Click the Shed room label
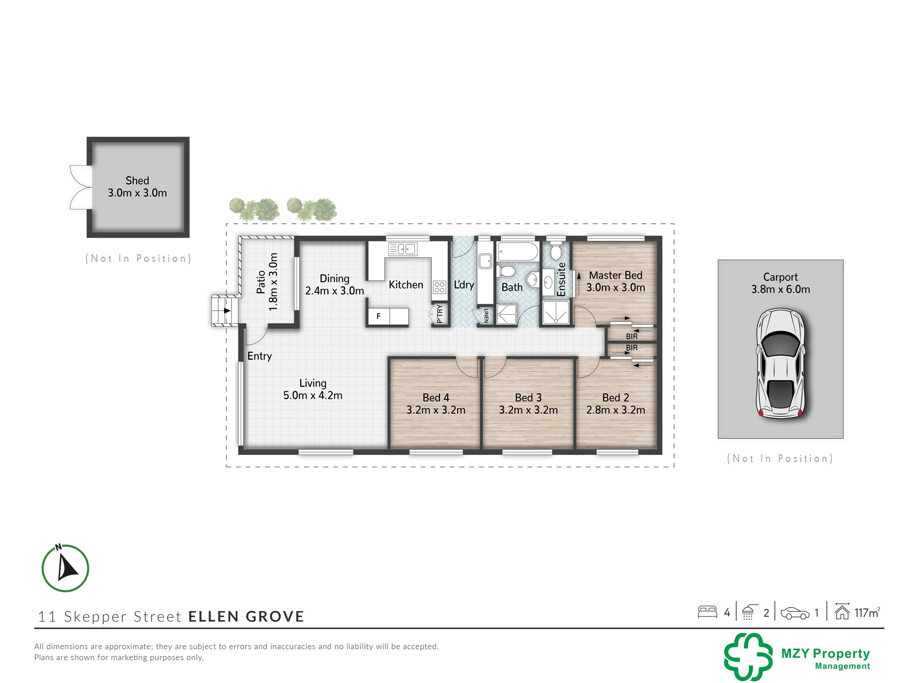[x=137, y=181]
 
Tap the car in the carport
[x=781, y=363]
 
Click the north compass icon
[x=65, y=568]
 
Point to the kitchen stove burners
[x=440, y=287]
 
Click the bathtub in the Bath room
[x=518, y=251]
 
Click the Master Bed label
[x=615, y=275]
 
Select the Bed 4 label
[x=436, y=398]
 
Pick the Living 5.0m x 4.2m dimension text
[x=313, y=395]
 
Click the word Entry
[x=260, y=356]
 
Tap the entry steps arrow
[x=226, y=311]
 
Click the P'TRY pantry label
[x=440, y=314]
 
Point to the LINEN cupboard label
[x=486, y=316]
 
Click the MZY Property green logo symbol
[x=748, y=657]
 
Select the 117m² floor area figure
[x=867, y=613]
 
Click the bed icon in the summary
[x=707, y=612]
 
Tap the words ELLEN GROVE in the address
[x=246, y=617]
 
